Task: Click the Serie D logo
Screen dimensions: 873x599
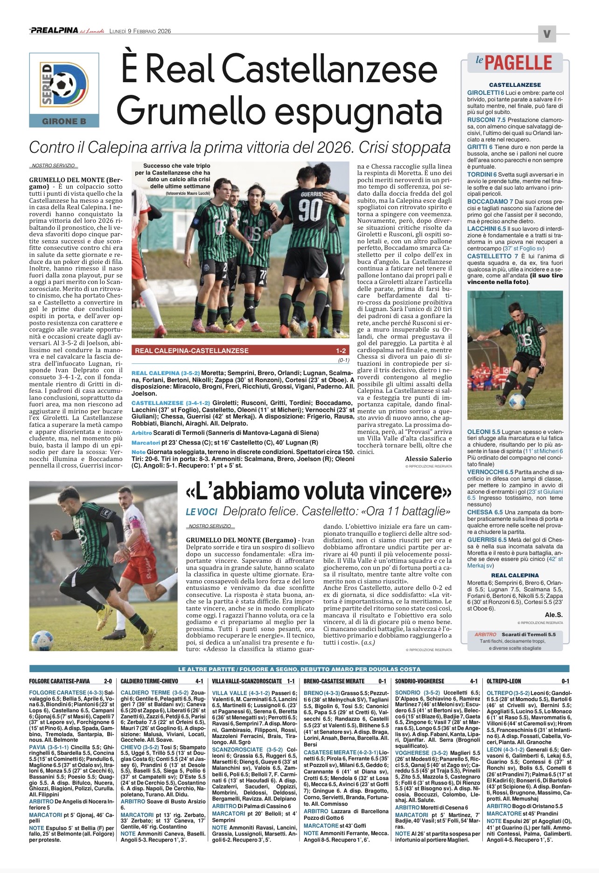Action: [64, 84]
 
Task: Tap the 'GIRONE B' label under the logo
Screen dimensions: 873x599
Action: [64, 121]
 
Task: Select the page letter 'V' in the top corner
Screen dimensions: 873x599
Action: [547, 34]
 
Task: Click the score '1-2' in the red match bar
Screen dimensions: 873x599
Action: [341, 351]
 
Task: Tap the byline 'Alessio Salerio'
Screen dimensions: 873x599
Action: [428, 459]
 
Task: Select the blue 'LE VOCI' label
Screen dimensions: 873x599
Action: [202, 511]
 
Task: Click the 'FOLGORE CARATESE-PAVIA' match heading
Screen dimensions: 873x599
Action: [59, 681]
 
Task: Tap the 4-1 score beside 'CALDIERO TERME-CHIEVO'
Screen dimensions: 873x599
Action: [199, 681]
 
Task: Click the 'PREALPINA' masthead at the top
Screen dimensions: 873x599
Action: [54, 31]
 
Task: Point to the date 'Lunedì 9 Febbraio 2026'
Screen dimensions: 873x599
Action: [140, 31]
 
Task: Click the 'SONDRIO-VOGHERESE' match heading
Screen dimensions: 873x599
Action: [419, 681]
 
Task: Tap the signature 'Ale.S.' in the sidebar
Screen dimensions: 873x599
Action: [553, 615]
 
